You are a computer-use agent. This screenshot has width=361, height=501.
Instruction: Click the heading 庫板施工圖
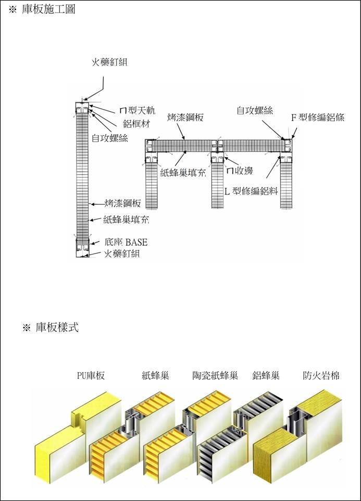pyautogui.click(x=48, y=10)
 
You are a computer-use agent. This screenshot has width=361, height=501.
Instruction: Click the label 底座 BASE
pyautogui.click(x=126, y=242)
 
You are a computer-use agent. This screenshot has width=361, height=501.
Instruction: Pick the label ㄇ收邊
pyautogui.click(x=239, y=171)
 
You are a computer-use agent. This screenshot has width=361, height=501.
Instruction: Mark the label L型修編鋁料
pyautogui.click(x=251, y=191)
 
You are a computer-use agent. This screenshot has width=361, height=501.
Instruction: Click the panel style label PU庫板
pyautogui.click(x=90, y=376)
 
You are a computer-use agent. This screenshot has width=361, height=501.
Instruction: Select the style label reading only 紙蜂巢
pyautogui.click(x=155, y=376)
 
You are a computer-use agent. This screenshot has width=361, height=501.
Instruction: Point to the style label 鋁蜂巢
pyautogui.click(x=266, y=376)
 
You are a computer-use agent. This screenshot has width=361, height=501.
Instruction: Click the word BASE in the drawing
pyautogui.click(x=136, y=242)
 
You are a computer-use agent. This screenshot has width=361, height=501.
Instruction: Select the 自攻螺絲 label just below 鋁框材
pyautogui.click(x=109, y=138)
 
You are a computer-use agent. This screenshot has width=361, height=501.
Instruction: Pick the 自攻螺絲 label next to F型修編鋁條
pyautogui.click(x=255, y=110)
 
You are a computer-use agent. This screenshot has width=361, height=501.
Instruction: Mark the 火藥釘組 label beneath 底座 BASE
pyautogui.click(x=122, y=254)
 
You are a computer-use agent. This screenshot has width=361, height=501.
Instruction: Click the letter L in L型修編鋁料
pyautogui.click(x=227, y=192)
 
